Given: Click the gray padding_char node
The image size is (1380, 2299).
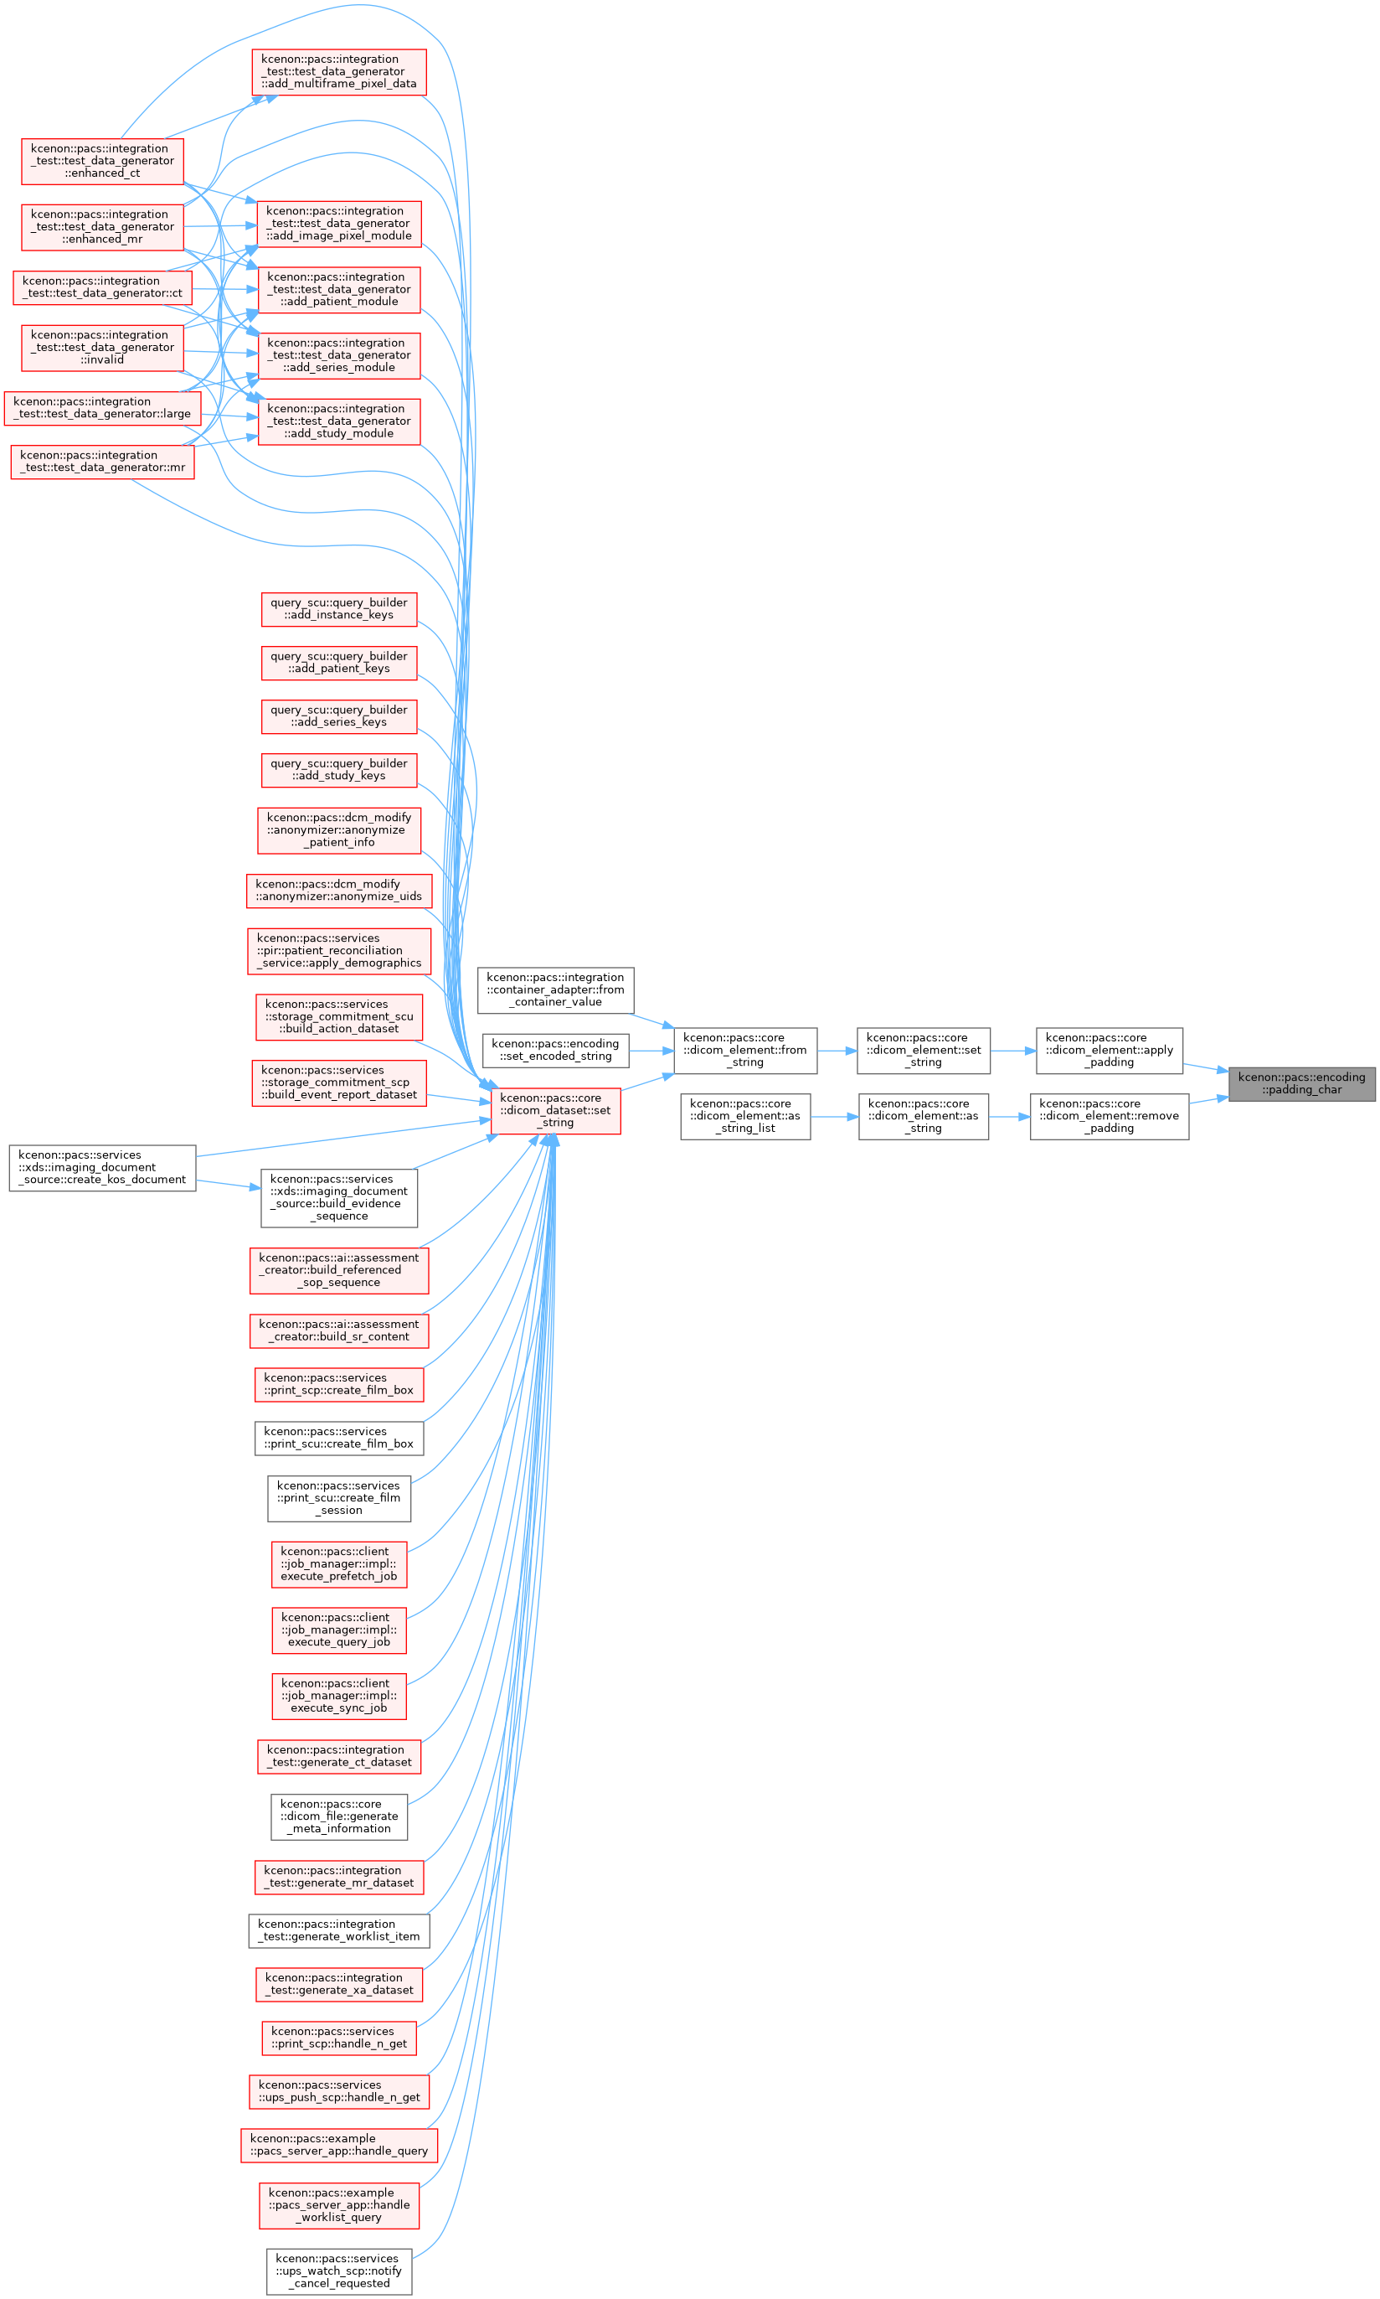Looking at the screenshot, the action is (x=1301, y=1084).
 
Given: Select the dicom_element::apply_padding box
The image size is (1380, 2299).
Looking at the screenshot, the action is (x=1109, y=1051).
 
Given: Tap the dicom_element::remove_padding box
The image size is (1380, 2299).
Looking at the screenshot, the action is (x=1109, y=1117).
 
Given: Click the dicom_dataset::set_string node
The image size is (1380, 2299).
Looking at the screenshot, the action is (x=555, y=1111).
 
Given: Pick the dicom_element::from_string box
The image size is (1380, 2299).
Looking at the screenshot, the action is (x=745, y=1051).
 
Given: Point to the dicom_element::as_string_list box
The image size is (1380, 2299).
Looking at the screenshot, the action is (x=745, y=1117).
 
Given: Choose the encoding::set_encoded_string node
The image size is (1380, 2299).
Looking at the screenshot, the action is (x=555, y=1051).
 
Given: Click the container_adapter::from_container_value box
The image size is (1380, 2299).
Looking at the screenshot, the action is (x=555, y=990).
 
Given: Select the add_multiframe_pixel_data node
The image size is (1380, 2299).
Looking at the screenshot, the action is (x=339, y=72).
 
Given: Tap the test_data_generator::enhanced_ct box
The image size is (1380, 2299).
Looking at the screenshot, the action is (x=102, y=161).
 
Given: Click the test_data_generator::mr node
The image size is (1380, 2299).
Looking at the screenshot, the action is (x=102, y=462).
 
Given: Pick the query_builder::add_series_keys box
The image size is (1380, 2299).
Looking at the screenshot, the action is (x=339, y=716).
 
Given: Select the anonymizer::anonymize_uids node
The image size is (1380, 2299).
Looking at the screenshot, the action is (x=339, y=891).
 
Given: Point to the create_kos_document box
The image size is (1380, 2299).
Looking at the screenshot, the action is (x=102, y=1168).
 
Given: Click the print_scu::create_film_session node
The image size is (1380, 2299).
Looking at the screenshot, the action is (x=339, y=1499).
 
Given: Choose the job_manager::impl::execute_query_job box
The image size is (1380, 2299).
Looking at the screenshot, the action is (x=339, y=1631).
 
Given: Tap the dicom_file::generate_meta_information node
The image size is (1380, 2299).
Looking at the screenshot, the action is (x=339, y=1817).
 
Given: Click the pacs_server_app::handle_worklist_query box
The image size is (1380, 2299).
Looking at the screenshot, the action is (x=339, y=2206).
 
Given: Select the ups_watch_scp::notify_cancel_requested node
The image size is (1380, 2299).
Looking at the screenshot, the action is (x=339, y=2272).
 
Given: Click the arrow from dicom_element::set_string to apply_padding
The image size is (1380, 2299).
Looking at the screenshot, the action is (x=1013, y=1051).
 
